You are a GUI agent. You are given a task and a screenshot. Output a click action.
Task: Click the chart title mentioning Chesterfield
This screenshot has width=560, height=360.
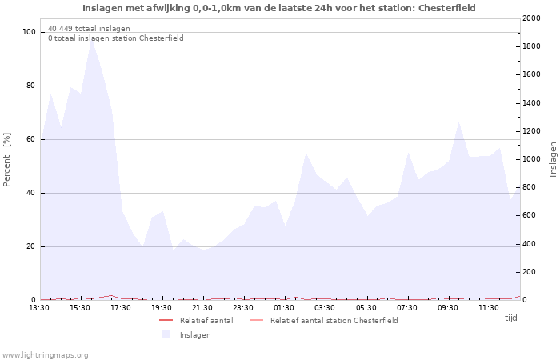point(279,8)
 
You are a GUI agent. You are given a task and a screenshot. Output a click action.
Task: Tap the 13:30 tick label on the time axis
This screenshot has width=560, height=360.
point(39,307)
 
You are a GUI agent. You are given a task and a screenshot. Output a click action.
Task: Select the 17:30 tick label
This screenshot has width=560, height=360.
point(121,307)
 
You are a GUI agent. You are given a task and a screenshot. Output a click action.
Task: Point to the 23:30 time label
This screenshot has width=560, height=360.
point(243,307)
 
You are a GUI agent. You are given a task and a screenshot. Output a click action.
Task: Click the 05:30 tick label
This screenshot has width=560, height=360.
point(366,307)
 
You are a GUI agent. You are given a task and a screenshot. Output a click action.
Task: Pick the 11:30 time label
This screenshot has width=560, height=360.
point(488,307)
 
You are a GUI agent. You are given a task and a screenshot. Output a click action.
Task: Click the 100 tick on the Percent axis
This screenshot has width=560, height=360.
point(30,32)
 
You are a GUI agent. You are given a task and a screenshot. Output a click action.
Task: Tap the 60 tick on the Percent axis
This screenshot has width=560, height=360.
point(31,139)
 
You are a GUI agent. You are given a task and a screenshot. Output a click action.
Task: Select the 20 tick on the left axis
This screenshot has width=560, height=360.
point(31,246)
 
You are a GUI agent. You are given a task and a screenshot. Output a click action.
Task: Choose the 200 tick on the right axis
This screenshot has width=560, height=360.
point(531,272)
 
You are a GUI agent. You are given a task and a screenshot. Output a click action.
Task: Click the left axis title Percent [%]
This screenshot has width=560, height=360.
point(7,160)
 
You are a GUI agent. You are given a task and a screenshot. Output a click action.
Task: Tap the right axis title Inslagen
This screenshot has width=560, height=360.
point(553,160)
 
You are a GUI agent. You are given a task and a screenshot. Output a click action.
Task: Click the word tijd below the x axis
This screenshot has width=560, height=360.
point(510,318)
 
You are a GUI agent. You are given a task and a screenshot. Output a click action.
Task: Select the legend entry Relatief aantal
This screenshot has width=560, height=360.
point(206,321)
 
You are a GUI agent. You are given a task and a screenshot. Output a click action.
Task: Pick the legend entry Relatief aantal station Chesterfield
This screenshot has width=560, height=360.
point(334,321)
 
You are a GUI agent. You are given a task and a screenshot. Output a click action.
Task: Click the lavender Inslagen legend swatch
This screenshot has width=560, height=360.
point(166,334)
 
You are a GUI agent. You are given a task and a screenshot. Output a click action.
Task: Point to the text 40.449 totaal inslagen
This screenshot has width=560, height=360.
point(89,29)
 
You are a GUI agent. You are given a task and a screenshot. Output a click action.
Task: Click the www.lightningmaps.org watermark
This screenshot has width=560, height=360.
point(45,355)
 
